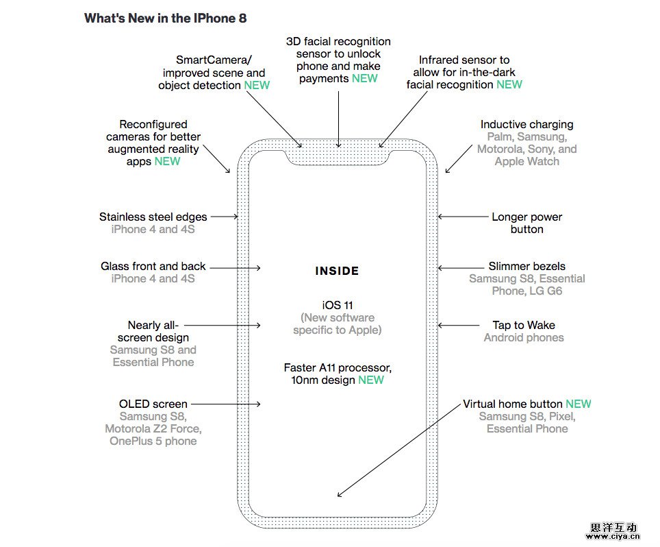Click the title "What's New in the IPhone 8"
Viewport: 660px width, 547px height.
click(165, 19)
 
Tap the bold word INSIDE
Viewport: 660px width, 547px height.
click(337, 271)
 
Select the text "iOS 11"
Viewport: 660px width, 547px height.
click(337, 305)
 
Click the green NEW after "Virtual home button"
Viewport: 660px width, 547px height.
click(579, 404)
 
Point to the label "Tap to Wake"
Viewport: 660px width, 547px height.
click(524, 325)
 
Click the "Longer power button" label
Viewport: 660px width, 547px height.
click(526, 223)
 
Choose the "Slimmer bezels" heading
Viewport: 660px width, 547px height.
click(526, 266)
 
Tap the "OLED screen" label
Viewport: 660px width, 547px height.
click(153, 404)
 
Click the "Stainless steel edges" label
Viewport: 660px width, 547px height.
click(153, 217)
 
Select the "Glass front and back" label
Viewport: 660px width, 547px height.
click(153, 266)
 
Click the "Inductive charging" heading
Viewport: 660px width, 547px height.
click(526, 124)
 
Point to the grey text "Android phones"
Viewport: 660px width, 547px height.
click(524, 337)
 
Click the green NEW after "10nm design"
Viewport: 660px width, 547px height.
click(371, 380)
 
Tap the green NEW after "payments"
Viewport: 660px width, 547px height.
click(365, 78)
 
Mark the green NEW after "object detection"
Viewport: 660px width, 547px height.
click(257, 85)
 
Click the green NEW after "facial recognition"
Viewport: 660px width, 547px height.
click(509, 84)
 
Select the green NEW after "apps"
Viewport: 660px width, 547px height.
click(167, 161)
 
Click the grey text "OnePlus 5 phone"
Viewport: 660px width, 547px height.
click(153, 441)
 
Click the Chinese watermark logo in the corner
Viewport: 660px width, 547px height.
click(613, 531)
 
